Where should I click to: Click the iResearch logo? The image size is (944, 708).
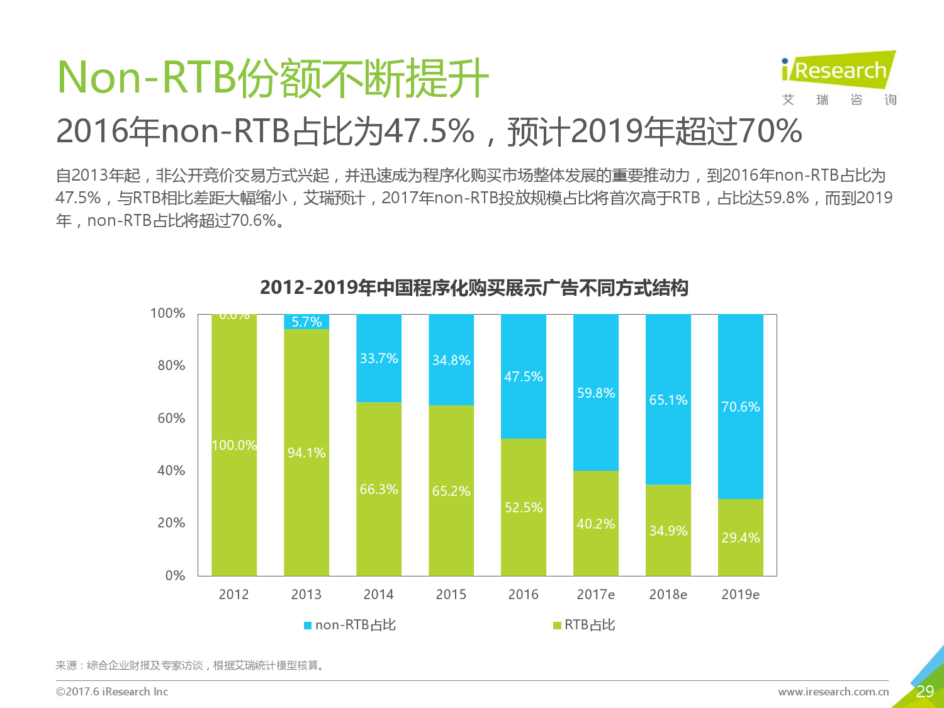tap(839, 78)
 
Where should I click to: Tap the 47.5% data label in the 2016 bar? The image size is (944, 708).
tap(524, 376)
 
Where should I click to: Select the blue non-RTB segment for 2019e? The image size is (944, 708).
tap(741, 407)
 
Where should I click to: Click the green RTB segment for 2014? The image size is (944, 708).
tap(379, 489)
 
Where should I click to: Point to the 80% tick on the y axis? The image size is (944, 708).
tap(171, 366)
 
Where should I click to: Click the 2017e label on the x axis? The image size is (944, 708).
tap(595, 594)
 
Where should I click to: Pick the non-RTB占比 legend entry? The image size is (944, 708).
tap(350, 624)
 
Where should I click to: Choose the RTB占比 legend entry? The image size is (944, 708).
tap(584, 624)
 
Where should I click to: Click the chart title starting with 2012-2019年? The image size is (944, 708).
tap(474, 288)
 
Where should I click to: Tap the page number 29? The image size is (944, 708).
tap(925, 692)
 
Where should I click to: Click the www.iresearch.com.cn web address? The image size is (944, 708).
tap(833, 691)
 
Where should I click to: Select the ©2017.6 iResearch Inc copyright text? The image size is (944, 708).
tap(112, 691)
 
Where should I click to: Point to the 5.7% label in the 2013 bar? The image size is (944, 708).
tap(306, 322)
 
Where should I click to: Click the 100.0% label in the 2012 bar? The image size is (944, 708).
tap(234, 445)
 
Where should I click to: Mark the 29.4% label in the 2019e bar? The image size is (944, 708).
tap(741, 537)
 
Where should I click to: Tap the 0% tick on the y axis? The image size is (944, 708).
tap(175, 575)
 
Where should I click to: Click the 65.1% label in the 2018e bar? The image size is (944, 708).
tap(668, 400)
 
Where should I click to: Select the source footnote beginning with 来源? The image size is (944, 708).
tap(190, 665)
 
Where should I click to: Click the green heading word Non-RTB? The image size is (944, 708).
tap(146, 77)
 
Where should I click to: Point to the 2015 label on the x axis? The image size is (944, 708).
tap(451, 594)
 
